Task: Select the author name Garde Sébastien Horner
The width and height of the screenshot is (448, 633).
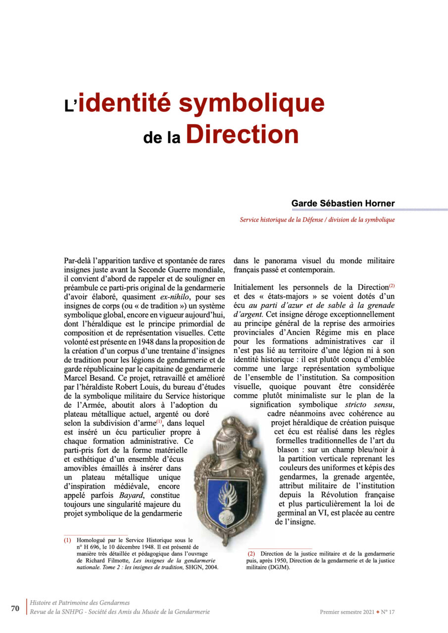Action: (x=343, y=203)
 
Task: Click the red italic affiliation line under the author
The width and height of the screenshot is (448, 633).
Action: (x=317, y=220)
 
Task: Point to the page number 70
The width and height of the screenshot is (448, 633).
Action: (x=15, y=608)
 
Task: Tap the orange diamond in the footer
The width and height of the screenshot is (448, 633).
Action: (x=377, y=612)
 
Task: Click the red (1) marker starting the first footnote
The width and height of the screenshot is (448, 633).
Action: (x=67, y=541)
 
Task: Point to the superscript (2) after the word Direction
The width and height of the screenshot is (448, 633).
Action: (x=392, y=286)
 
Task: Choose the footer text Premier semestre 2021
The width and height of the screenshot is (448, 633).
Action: (x=347, y=612)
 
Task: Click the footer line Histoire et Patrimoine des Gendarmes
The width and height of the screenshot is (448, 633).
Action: (x=80, y=603)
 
